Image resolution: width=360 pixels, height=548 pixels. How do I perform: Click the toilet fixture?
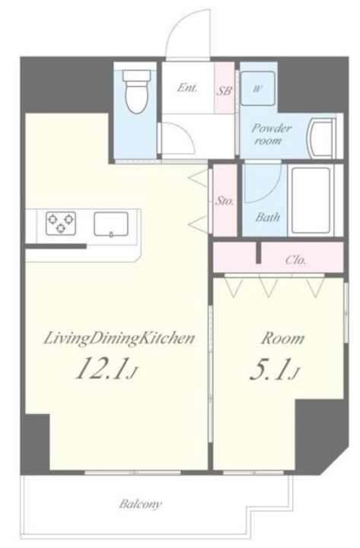137,91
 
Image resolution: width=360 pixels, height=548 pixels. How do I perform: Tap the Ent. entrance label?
187,88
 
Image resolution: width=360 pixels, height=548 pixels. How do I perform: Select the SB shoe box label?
224,91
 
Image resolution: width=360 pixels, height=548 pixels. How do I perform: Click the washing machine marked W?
258,88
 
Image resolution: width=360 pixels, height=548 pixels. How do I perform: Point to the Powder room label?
270,134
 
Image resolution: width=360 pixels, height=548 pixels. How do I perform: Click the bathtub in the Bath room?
311,200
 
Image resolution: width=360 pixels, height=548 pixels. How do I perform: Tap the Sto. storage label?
224,201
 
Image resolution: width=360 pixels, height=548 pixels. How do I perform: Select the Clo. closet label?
295,260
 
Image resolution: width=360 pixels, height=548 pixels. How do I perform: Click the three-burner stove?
61,222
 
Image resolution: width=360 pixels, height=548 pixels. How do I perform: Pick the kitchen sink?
111,224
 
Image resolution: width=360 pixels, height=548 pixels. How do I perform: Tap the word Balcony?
141,504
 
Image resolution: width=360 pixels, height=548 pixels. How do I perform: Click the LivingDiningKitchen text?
119,339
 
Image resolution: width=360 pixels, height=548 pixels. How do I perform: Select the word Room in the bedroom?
282,338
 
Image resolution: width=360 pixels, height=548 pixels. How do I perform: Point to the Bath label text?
267,218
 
